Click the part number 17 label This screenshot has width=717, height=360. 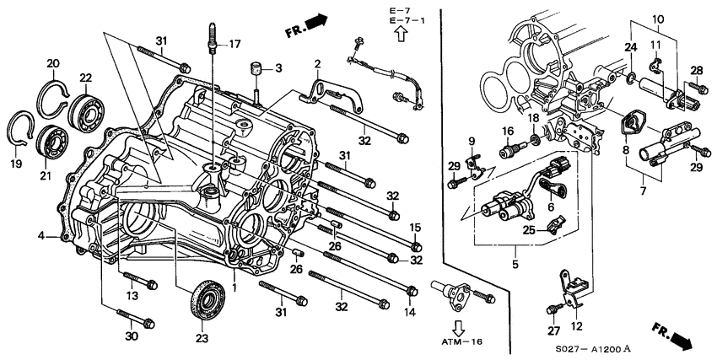click(235, 45)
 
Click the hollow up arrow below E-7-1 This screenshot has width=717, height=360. click(401, 35)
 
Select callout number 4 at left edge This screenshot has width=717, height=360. click(40, 237)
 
